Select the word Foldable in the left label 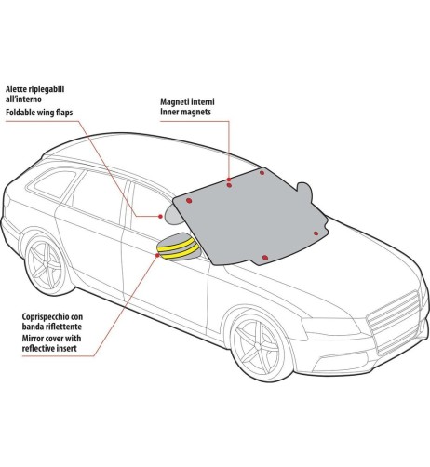click(20, 112)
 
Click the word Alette click(17, 89)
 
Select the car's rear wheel click(46, 264)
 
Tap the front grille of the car click(394, 322)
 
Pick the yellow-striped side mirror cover click(179, 247)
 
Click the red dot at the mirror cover click(157, 255)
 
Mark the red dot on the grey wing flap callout click(160, 217)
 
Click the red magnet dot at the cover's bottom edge click(265, 258)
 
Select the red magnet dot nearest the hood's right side click(316, 233)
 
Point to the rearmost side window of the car click(55, 184)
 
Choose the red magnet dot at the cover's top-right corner click(262, 173)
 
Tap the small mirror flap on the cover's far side click(304, 190)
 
